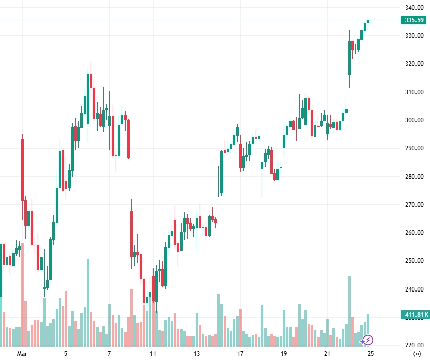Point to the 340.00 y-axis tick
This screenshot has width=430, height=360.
click(415, 8)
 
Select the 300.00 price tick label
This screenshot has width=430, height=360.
click(415, 120)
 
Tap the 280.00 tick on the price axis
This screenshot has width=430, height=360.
click(415, 177)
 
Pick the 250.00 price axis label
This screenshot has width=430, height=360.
click(415, 261)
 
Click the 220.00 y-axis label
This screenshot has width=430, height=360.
click(415, 345)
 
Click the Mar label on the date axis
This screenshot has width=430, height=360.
click(22, 354)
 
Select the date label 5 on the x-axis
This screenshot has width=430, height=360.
click(66, 354)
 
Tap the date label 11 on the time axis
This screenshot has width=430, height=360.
click(153, 354)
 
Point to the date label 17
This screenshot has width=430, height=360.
click(240, 354)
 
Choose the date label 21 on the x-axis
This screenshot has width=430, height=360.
click(327, 354)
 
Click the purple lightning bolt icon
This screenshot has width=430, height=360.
click(367, 340)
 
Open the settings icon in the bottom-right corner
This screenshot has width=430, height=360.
click(417, 354)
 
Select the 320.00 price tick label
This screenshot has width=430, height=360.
click(415, 64)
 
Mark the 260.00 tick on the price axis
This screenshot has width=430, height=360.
click(415, 233)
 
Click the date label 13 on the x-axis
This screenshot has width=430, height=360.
click(197, 354)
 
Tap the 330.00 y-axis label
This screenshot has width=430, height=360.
click(415, 36)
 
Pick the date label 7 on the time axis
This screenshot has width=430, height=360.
click(109, 354)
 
